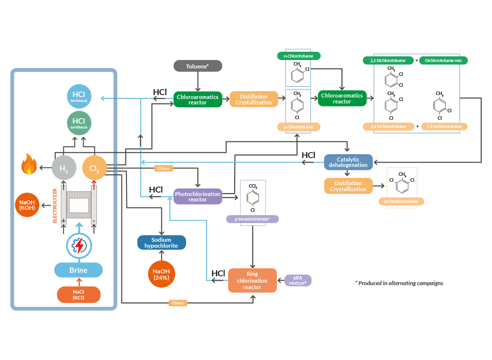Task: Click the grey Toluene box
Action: [197, 66]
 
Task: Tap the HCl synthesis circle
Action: [79, 123]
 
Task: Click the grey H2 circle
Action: [64, 168]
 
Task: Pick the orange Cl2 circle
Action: [94, 168]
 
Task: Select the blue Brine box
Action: [78, 270]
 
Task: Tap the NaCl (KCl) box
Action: [79, 295]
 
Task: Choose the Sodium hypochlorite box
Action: [161, 242]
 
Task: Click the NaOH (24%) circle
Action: [161, 274]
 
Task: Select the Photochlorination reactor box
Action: [197, 196]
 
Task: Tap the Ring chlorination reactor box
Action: [252, 280]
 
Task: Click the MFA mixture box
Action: [298, 280]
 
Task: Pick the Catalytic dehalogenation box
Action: [348, 162]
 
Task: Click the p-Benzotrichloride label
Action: [252, 219]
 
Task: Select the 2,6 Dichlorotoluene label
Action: [401, 201]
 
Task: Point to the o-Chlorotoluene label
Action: [298, 56]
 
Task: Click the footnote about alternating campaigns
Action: [399, 283]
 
